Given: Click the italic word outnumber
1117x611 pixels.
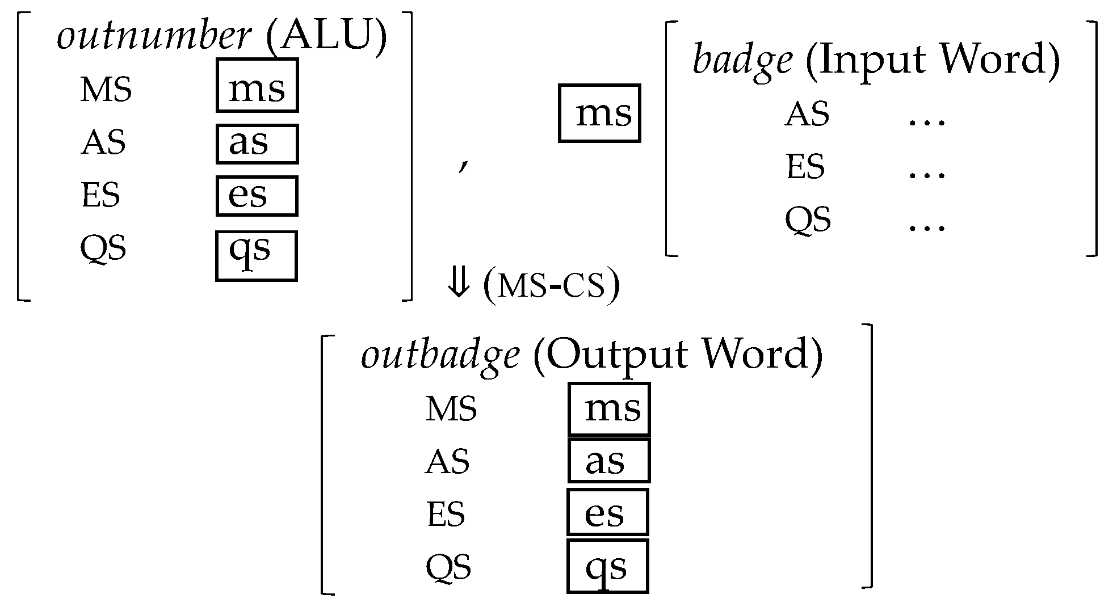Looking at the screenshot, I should click(154, 37).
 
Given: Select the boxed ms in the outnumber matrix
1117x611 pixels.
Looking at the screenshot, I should click(257, 85).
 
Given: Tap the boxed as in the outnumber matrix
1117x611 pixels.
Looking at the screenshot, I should click(257, 144).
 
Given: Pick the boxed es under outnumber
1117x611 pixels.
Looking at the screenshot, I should click(257, 196).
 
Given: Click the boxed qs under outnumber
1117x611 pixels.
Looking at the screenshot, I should click(257, 256).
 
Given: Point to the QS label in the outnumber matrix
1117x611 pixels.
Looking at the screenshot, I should click(103, 248).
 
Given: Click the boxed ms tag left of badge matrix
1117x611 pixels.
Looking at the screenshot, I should click(600, 113).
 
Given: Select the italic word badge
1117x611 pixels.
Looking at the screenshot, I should click(742, 60).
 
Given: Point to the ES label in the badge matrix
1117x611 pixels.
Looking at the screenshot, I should click(805, 167).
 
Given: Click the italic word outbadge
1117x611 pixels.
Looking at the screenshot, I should click(440, 356).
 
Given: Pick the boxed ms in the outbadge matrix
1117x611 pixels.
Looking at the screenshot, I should click(610, 409).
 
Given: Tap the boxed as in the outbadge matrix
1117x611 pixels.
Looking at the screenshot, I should click(609, 461).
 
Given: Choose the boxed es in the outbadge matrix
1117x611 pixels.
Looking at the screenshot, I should click(608, 512).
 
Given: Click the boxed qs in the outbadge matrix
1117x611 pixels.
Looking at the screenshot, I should click(608, 566).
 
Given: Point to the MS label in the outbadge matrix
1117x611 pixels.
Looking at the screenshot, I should click(451, 409).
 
